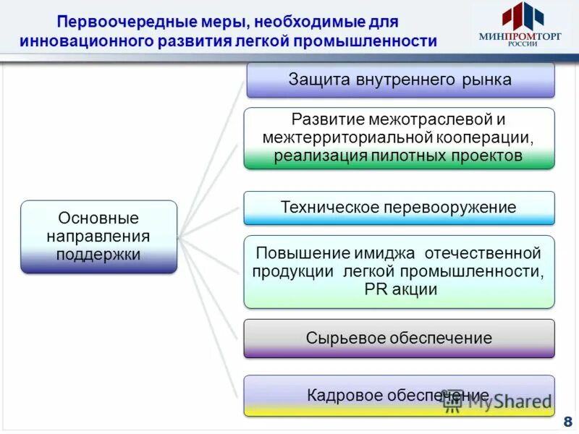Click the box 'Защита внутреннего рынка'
pyautogui.click(x=400, y=80)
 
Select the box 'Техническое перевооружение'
pyautogui.click(x=399, y=208)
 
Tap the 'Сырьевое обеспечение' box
pyautogui.click(x=399, y=338)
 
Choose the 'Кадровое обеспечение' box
pyautogui.click(x=399, y=395)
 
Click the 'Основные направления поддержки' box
pyautogui.click(x=98, y=237)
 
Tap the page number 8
pyautogui.click(x=567, y=422)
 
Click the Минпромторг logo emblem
pyautogui.click(x=523, y=16)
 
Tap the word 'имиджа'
pyautogui.click(x=385, y=254)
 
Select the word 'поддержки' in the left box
pyautogui.click(x=98, y=254)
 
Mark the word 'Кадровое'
pyautogui.click(x=339, y=395)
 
